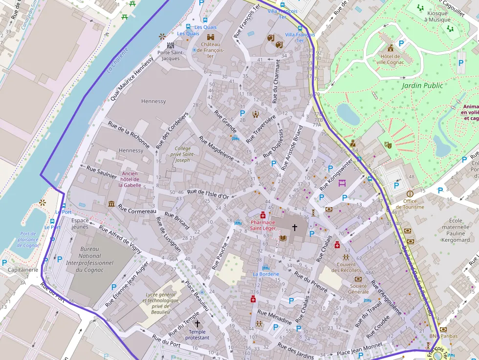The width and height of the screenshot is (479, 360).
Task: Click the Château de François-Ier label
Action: coord(210,50)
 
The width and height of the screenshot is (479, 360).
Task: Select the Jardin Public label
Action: coord(422,85)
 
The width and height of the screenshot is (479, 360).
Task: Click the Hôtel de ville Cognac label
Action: coord(390,59)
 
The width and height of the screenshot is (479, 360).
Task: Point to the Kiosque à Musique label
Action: coord(437,17)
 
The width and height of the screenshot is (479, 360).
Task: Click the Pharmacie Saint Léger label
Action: coord(263,225)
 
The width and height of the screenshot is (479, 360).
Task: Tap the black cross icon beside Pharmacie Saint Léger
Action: coord(295,227)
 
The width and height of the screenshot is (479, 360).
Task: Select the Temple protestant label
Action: coord(197,335)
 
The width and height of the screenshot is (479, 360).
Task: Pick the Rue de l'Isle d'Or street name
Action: coord(208,194)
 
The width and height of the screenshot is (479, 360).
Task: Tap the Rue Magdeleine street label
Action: coord(216,148)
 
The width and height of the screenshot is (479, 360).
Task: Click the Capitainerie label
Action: coord(22,270)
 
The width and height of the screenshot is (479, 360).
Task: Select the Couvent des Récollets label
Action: coord(346,267)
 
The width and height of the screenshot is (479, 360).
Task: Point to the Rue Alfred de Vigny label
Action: coord(120,240)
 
